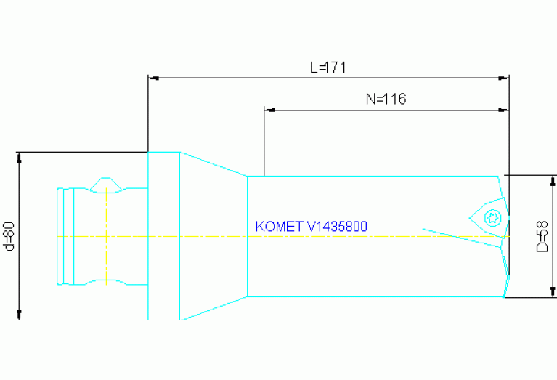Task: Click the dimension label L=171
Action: point(328,68)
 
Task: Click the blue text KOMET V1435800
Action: point(312,226)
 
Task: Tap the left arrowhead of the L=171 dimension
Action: point(153,78)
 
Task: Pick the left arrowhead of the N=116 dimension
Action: point(269,110)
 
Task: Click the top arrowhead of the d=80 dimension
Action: point(19,157)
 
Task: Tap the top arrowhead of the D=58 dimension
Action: point(553,180)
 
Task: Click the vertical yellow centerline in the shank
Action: point(107,237)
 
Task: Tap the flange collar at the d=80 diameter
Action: point(163,236)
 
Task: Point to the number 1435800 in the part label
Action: point(338,226)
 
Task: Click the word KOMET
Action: point(279,226)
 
